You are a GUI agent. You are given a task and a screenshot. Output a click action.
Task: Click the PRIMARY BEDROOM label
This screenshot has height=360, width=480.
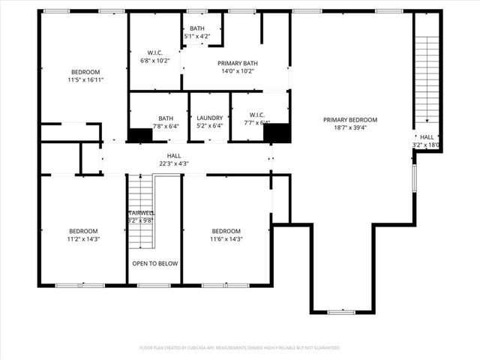pyautogui.click(x=350, y=119)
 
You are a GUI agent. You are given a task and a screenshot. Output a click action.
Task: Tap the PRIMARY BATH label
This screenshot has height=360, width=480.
pyautogui.click(x=238, y=64)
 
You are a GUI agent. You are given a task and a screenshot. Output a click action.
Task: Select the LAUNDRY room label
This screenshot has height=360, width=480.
pyautogui.click(x=208, y=118)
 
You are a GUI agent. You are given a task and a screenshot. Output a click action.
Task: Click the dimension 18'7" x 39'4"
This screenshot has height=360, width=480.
pyautogui.click(x=350, y=127)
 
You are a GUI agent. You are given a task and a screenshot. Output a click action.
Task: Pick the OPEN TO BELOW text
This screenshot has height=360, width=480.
pyautogui.click(x=155, y=264)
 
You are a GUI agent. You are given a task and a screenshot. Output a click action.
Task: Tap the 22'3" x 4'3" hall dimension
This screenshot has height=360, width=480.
pyautogui.click(x=173, y=163)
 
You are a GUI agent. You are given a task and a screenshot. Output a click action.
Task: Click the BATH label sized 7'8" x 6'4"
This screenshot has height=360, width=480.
pyautogui.click(x=166, y=118)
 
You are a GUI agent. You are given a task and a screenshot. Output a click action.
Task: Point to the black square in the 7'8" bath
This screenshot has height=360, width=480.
pyautogui.click(x=140, y=135)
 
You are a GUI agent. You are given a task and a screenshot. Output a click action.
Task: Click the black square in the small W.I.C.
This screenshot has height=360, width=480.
pyautogui.click(x=277, y=133)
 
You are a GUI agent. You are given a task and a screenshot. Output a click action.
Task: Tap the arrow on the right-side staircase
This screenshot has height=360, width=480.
pyautogui.click(x=427, y=120)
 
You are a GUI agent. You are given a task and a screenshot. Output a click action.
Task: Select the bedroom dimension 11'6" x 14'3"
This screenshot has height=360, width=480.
pyautogui.click(x=226, y=239)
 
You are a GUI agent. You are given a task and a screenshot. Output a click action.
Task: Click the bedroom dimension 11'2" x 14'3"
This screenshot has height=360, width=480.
pyautogui.click(x=83, y=239)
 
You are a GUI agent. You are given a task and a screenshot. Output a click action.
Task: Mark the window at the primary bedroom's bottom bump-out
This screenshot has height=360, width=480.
pyautogui.click(x=341, y=311)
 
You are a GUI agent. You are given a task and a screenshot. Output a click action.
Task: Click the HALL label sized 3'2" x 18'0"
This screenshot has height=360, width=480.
pyautogui.click(x=426, y=137)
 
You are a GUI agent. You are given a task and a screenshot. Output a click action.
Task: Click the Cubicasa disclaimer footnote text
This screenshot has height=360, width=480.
pyautogui.click(x=240, y=348)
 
